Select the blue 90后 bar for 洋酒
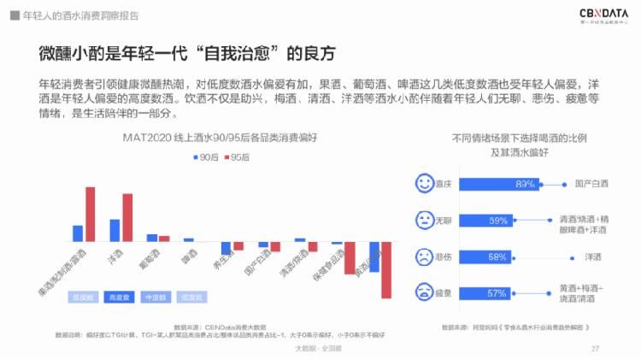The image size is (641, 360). coord(115,230)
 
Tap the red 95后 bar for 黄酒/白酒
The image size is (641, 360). coord(386,270)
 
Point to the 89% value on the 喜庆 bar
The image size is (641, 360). coord(525,184)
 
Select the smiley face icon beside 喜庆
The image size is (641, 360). coord(423,183)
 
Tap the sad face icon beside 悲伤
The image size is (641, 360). coord(423,257)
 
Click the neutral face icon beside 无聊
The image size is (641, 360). coord(423,220)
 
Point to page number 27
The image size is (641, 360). coord(595,348)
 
